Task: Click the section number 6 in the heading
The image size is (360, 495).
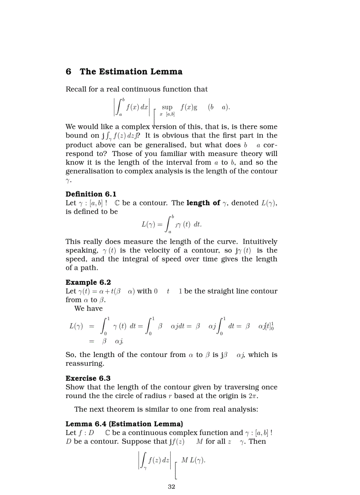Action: click(x=68, y=71)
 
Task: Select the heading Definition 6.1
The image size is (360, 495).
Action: click(x=91, y=194)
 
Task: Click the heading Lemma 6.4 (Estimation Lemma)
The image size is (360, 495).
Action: click(x=124, y=424)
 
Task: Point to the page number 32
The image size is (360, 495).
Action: click(x=172, y=487)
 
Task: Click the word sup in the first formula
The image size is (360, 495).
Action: click(x=167, y=107)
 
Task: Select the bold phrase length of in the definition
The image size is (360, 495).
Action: click(x=203, y=203)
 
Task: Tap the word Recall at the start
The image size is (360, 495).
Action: click(x=76, y=89)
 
